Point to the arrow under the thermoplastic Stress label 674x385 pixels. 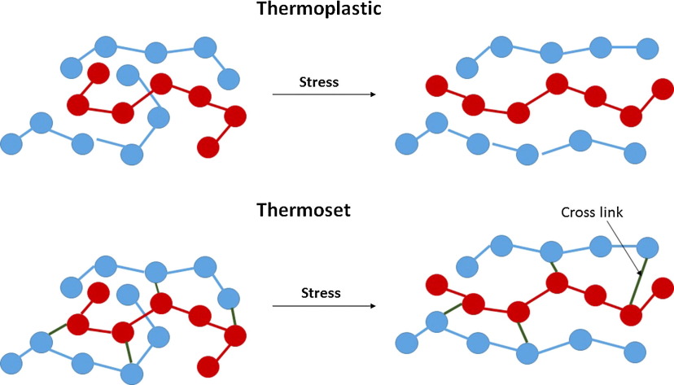pos(323,95)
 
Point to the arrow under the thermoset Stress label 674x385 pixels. pos(323,306)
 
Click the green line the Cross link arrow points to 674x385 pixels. pos(640,278)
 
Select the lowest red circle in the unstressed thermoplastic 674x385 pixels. pos(208,147)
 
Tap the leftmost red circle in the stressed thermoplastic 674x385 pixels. pos(437,85)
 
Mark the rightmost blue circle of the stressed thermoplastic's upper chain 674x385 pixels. pos(648,46)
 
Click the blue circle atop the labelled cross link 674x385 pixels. pos(648,246)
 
